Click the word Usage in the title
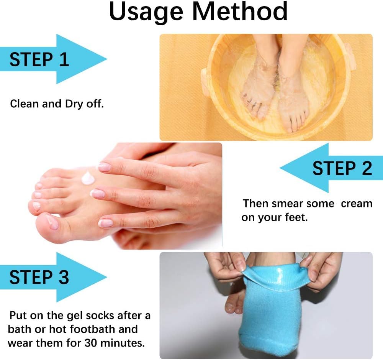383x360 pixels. point(146,12)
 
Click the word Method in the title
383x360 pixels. point(240,12)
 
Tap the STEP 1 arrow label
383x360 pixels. point(39,59)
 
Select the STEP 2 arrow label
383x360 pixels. point(342,168)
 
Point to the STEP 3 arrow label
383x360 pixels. point(39,277)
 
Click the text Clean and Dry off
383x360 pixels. point(57,104)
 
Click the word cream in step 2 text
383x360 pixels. point(357,203)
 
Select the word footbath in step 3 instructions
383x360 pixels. point(90,329)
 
